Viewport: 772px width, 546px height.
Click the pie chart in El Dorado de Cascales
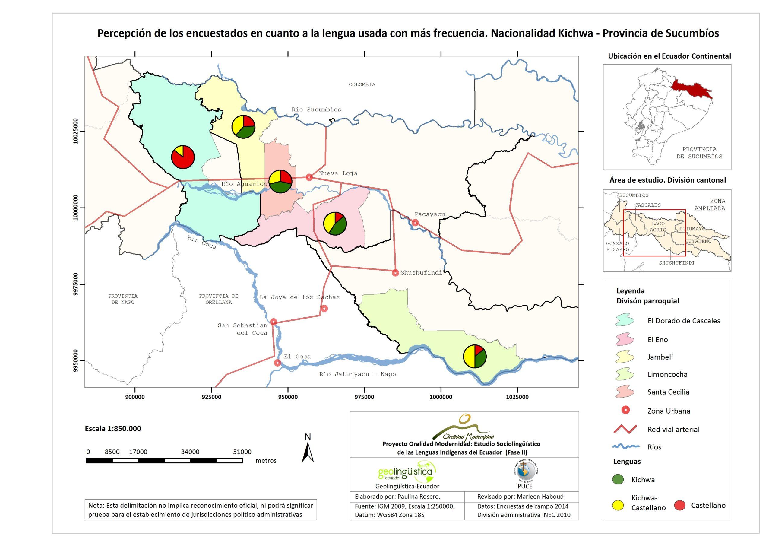click(183, 157)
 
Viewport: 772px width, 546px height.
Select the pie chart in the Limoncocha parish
click(475, 356)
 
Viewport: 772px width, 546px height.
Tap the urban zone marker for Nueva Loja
click(309, 177)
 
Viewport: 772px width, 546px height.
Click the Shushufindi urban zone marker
click(395, 273)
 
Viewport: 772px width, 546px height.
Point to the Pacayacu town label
click(429, 214)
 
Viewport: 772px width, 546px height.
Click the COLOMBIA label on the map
click(362, 84)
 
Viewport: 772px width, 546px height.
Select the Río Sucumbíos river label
click(316, 109)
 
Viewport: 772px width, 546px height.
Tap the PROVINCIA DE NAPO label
click(123, 299)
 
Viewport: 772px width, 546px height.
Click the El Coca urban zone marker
click(277, 363)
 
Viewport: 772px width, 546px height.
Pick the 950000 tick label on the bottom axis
click(288, 397)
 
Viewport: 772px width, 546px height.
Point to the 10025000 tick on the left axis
click(76, 131)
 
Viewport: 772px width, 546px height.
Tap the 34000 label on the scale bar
click(190, 452)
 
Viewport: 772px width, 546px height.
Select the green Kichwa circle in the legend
click(618, 480)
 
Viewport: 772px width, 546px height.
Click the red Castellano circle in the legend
click(679, 505)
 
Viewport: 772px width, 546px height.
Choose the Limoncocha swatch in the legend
click(625, 374)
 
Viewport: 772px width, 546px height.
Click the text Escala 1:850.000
click(113, 429)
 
